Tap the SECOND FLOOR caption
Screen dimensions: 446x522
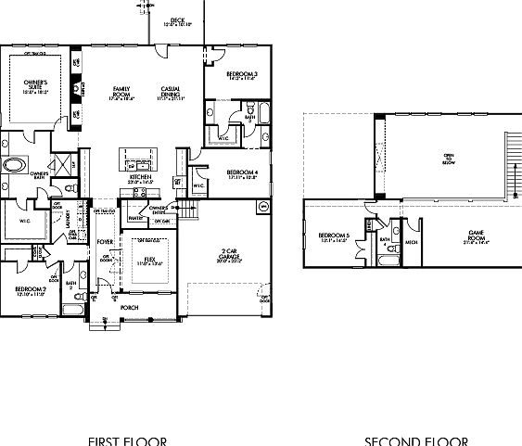point(415,440)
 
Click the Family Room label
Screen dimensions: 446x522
point(121,91)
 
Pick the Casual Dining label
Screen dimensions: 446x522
point(171,91)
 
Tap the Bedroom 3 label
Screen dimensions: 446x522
point(242,76)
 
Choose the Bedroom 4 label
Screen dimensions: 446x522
point(242,173)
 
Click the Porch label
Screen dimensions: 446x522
point(129,307)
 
